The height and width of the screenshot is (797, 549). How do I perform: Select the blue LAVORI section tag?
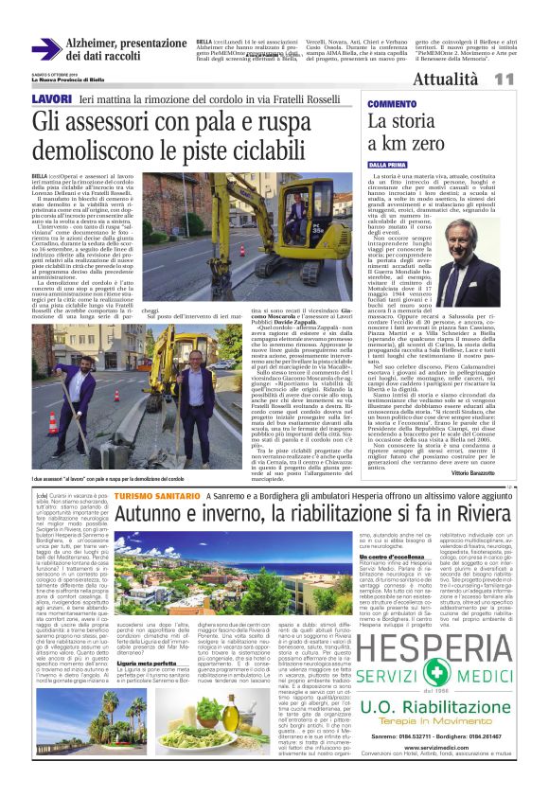[51, 98]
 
